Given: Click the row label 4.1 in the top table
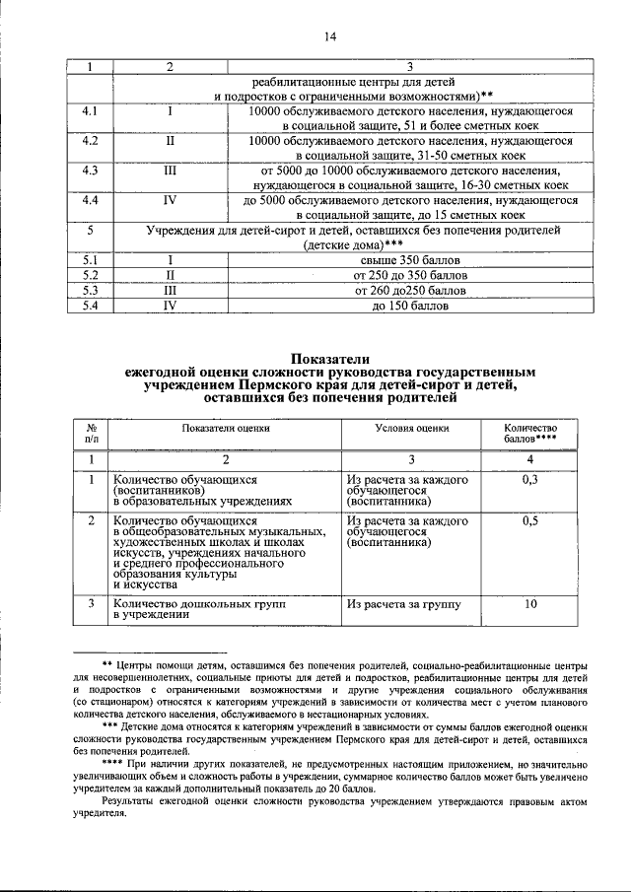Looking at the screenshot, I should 90,112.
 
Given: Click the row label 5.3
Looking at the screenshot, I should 90,291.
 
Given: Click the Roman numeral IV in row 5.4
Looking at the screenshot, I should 170,307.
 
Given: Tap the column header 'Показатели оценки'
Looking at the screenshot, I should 225,429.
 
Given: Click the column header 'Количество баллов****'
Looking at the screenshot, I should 530,432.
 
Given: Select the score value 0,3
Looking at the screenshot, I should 529,480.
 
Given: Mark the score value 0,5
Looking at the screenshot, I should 529,521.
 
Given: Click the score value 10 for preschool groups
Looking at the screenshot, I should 529,604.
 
